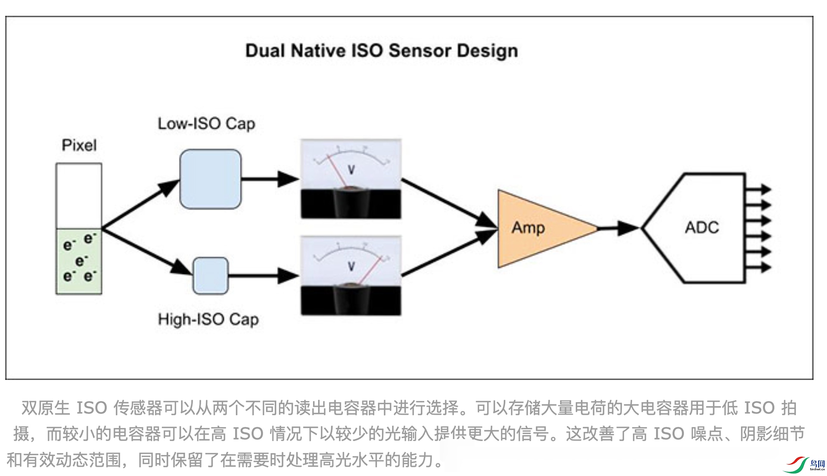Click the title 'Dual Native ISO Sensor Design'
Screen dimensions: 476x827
(381, 51)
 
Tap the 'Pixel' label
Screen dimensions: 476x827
(79, 145)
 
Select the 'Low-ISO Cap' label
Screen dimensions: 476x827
(206, 124)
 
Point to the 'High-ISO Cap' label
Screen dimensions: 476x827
(208, 319)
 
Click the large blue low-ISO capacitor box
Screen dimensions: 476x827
(210, 179)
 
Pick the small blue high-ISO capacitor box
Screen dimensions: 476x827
(210, 276)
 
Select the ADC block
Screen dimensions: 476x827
(702, 227)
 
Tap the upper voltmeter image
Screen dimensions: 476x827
(351, 179)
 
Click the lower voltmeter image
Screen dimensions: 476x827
(351, 276)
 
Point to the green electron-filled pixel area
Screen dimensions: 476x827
(79, 261)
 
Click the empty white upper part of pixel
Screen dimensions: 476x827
(79, 196)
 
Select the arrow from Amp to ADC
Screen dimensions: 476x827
(618, 228)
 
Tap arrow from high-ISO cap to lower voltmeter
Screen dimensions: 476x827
(263, 276)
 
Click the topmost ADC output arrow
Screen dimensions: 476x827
(759, 189)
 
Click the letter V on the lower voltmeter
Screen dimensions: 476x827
(351, 267)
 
